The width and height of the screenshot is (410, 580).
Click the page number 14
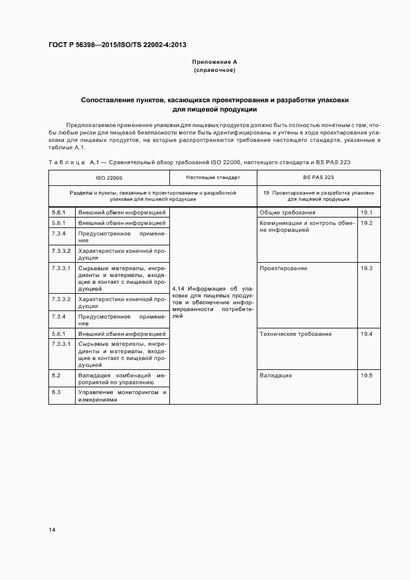point(52,530)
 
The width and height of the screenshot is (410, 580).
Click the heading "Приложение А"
point(215,62)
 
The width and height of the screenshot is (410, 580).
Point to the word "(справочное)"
point(215,70)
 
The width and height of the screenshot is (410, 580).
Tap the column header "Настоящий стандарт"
point(213,177)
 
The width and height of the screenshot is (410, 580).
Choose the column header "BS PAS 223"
point(318,177)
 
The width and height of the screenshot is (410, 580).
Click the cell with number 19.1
point(366,213)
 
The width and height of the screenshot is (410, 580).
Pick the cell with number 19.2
point(366,222)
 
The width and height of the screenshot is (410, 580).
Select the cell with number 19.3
point(366,268)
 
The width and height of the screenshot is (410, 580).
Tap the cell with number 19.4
point(366,334)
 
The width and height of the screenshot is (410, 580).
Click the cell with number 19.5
point(366,376)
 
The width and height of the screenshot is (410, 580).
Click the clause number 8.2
point(56,376)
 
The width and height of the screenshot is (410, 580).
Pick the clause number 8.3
point(56,392)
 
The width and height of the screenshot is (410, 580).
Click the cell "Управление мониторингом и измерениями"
point(122,396)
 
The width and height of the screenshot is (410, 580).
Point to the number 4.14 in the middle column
point(179,288)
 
